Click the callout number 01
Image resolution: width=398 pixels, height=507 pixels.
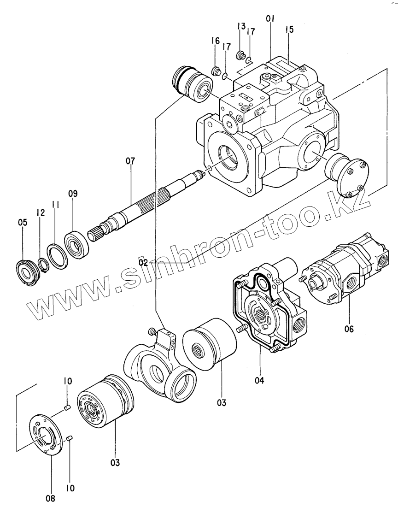[270, 19]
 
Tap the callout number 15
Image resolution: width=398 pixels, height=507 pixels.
[289, 29]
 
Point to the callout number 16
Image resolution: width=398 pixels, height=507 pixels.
[216, 41]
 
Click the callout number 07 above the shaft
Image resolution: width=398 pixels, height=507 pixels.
[130, 161]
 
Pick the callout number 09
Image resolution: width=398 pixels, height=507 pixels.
[73, 194]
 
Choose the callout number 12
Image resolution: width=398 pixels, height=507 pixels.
[41, 212]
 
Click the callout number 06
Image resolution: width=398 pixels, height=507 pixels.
[349, 329]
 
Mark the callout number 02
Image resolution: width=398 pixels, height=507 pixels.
[143, 262]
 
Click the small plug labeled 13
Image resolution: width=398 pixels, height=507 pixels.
[240, 56]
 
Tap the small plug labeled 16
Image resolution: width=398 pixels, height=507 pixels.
[215, 71]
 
